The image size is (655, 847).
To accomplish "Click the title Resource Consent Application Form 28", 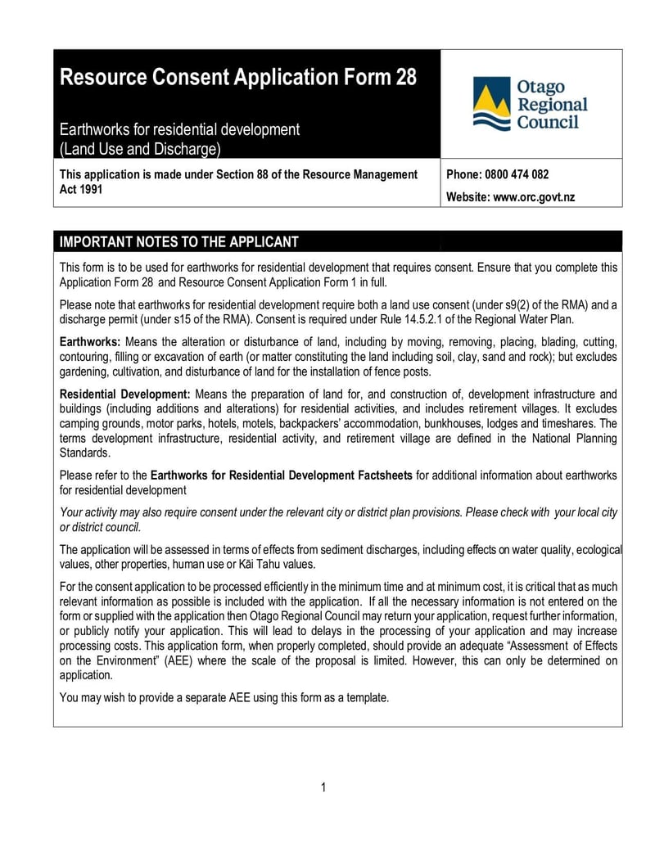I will click(x=238, y=78).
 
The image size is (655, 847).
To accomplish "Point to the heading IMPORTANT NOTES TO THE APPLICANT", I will click(x=179, y=241).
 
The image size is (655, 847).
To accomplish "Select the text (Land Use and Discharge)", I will click(x=140, y=149).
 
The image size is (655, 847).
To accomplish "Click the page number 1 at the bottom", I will click(x=324, y=787).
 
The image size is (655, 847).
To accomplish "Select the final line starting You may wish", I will click(x=224, y=698).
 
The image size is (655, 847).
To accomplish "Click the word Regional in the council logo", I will click(x=551, y=105).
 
